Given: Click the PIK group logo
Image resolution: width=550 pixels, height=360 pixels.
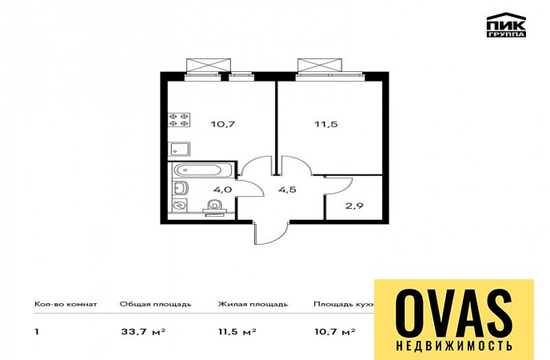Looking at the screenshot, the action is pyautogui.click(x=506, y=25).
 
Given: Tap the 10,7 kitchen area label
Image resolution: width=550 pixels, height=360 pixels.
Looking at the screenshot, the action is pyautogui.click(x=223, y=124).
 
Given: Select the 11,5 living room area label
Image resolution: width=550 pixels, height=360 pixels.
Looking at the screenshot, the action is pyautogui.click(x=326, y=124).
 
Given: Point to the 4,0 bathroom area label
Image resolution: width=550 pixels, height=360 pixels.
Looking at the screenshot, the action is pyautogui.click(x=222, y=190).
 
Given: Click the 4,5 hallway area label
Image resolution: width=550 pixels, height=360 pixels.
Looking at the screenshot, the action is pyautogui.click(x=287, y=190).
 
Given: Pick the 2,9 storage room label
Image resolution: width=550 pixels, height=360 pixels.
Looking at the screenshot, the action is pyautogui.click(x=354, y=206).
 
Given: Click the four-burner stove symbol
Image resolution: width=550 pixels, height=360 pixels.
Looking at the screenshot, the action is pyautogui.click(x=179, y=120).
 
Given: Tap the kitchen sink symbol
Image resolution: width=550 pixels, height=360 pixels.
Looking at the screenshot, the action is pyautogui.click(x=179, y=149).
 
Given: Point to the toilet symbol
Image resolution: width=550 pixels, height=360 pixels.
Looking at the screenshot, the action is pyautogui.click(x=214, y=207).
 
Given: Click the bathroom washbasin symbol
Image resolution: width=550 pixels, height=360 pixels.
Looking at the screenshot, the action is pyautogui.click(x=180, y=189).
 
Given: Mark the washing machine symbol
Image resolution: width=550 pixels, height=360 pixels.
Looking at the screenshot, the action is pyautogui.click(x=180, y=206).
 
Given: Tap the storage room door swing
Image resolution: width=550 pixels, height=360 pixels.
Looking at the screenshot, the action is pyautogui.click(x=339, y=186).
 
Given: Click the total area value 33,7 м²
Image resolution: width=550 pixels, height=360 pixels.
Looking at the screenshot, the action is pyautogui.click(x=143, y=331).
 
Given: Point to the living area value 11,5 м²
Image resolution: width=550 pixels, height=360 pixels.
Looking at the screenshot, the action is pyautogui.click(x=237, y=331).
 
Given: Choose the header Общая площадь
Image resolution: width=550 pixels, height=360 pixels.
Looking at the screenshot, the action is pyautogui.click(x=155, y=304).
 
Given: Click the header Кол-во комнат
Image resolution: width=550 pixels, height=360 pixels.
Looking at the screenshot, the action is pyautogui.click(x=66, y=304).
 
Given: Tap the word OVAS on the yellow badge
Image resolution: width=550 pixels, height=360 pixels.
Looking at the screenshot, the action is pyautogui.click(x=454, y=314).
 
